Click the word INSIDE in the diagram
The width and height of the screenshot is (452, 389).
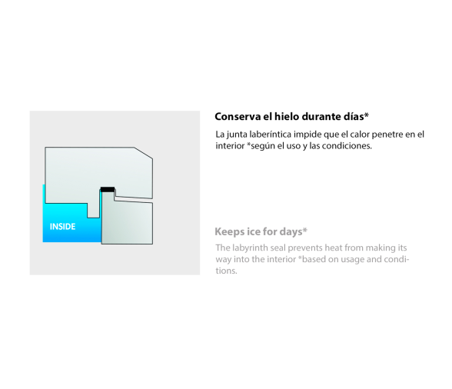click(x=62, y=227)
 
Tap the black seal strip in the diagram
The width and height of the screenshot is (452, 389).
click(x=108, y=189)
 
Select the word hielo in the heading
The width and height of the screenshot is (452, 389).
click(x=286, y=117)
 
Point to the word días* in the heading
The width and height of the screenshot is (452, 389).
click(x=356, y=116)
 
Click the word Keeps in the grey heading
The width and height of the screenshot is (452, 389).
click(x=228, y=232)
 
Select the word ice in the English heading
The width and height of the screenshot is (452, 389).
click(x=252, y=231)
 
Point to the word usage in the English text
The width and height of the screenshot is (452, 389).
click(x=353, y=260)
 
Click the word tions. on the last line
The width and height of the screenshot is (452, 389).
click(x=226, y=271)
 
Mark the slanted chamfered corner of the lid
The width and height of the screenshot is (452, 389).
click(x=143, y=153)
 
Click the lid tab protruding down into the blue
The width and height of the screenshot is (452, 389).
click(x=94, y=211)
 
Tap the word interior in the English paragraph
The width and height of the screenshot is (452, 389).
click(x=281, y=259)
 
